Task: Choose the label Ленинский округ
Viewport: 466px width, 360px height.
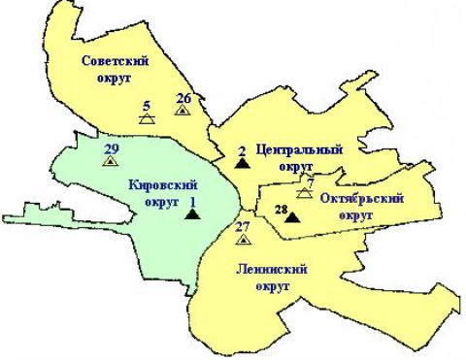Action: [271, 278]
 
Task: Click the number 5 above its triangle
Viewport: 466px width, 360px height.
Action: [146, 106]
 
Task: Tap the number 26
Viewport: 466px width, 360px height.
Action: [183, 98]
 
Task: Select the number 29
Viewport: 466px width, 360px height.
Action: [110, 148]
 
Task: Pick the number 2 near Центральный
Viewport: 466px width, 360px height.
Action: [241, 150]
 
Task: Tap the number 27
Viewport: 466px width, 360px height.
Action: [243, 227]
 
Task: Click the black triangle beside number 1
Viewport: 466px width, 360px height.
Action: [191, 214]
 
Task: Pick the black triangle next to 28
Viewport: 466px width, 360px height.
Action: [291, 216]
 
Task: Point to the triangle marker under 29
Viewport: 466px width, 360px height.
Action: [110, 160]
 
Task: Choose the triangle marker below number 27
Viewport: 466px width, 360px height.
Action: [243, 239]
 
